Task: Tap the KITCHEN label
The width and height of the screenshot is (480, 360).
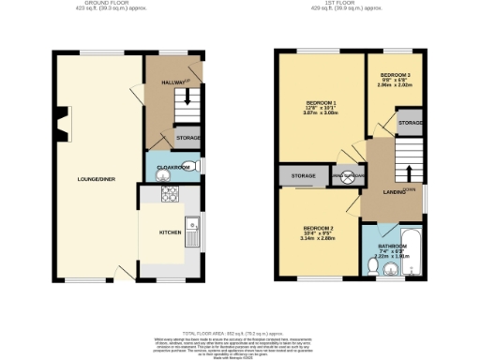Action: coord(169,231)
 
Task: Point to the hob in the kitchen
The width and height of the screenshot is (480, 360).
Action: coord(172,195)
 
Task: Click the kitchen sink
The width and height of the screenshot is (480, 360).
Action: coord(193,224)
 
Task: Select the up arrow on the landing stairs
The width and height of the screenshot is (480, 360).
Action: coord(409,172)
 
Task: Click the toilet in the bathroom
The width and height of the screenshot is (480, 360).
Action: coord(374,265)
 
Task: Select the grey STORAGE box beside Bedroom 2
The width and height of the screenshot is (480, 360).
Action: coord(302,175)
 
